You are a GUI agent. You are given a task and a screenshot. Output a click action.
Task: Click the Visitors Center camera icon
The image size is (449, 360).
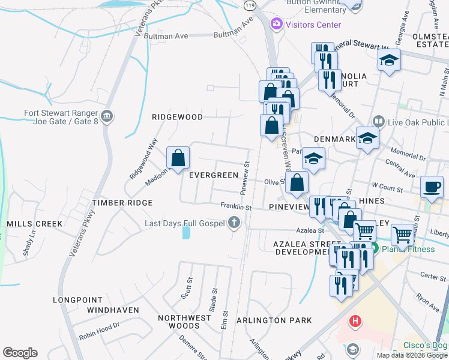click(277, 25)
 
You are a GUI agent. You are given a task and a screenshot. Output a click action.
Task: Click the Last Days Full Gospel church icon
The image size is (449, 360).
click(234, 224)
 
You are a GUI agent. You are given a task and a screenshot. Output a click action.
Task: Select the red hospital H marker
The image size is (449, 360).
click(355, 322)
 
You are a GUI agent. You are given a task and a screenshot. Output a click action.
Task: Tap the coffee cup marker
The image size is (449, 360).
click(432, 187)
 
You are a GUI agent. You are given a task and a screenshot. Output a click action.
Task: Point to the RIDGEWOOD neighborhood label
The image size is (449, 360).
click(177, 117)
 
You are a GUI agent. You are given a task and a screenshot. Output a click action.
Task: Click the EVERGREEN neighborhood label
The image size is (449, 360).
click(214, 175)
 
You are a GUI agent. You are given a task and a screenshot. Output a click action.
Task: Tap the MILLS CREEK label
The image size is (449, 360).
click(35, 224)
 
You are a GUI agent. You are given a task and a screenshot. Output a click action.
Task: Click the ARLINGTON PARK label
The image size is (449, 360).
click(274, 320)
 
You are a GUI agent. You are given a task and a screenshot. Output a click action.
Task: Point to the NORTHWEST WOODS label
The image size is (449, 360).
click(185, 322)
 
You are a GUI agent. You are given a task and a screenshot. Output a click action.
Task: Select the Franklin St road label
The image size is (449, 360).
click(235, 206)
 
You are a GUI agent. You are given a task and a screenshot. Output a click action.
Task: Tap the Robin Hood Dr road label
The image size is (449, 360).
click(100, 332)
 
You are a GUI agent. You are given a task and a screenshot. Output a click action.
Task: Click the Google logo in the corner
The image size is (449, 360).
click(20, 353)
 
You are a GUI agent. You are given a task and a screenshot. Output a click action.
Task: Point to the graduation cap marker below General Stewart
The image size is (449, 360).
click(389, 60)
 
